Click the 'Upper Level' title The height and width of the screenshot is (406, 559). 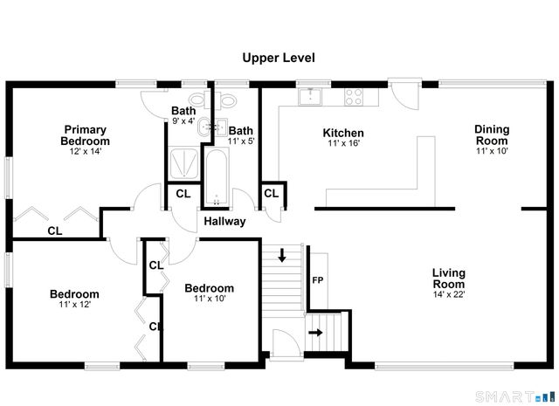click(x=279, y=58)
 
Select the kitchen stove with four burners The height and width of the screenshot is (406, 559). click(x=355, y=95)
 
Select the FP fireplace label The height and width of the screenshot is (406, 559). click(x=318, y=281)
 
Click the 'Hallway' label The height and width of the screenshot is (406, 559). click(x=224, y=222)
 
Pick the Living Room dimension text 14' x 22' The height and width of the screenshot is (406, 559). click(x=448, y=294)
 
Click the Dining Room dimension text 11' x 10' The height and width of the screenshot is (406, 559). click(x=491, y=150)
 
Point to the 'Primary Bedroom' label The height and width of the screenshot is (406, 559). click(x=85, y=135)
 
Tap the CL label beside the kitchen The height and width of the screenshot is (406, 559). click(x=271, y=194)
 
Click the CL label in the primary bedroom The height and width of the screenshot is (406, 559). click(x=54, y=231)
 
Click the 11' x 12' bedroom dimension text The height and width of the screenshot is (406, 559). click(x=73, y=305)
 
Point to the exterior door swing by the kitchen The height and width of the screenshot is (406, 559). click(x=403, y=93)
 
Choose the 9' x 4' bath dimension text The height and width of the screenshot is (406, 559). click(x=183, y=121)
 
